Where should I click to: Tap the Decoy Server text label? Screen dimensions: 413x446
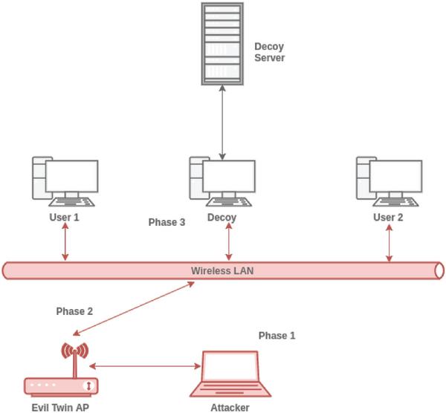click(x=270, y=51)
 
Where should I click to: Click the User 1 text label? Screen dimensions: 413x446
click(x=65, y=218)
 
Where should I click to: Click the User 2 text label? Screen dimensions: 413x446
click(x=388, y=218)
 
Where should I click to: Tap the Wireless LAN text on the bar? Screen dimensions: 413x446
click(x=222, y=270)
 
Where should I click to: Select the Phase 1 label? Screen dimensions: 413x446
click(x=277, y=336)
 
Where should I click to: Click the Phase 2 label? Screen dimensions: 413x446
click(x=74, y=311)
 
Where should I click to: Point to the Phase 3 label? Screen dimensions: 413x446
click(x=167, y=222)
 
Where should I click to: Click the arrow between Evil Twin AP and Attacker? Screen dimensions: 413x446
click(x=146, y=365)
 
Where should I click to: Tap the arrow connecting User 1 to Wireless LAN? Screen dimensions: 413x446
click(x=65, y=241)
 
